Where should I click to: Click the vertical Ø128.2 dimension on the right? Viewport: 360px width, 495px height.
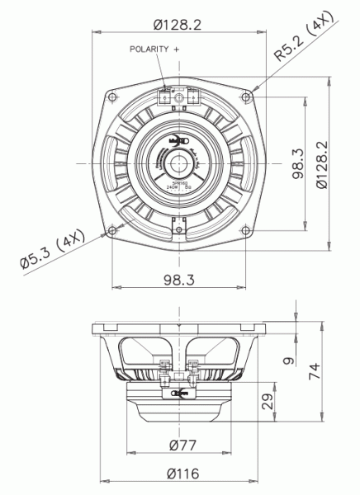pos(324,163)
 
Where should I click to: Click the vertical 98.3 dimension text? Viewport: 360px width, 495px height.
pos(296,163)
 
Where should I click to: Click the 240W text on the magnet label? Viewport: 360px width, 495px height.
pos(173,188)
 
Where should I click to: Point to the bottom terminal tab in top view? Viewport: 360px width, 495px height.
pos(178,224)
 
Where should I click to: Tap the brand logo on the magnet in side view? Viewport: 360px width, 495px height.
pos(178,394)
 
